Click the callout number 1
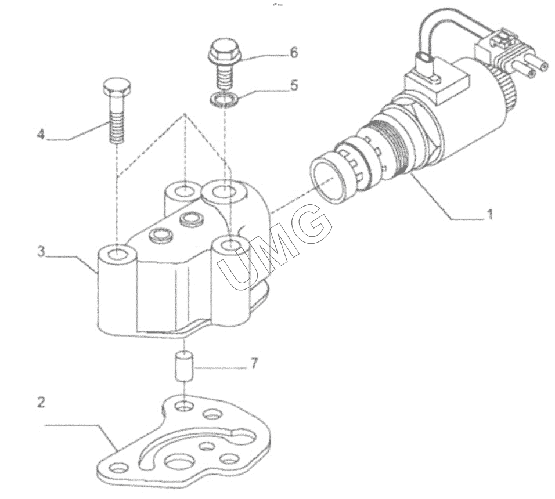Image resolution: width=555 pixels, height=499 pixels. tap(490, 215)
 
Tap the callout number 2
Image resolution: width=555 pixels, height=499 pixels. tap(41, 402)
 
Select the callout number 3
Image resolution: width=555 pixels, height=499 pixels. tap(41, 252)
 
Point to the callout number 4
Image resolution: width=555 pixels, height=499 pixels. tap(41, 134)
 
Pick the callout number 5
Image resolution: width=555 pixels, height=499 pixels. tap(294, 85)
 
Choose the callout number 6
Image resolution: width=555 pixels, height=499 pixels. tap(294, 53)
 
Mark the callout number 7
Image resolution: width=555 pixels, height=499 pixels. tap(255, 364)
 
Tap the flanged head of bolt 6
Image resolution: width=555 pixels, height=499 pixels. tap(223, 52)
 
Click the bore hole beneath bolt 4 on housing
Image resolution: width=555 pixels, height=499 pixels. tap(117, 254)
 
